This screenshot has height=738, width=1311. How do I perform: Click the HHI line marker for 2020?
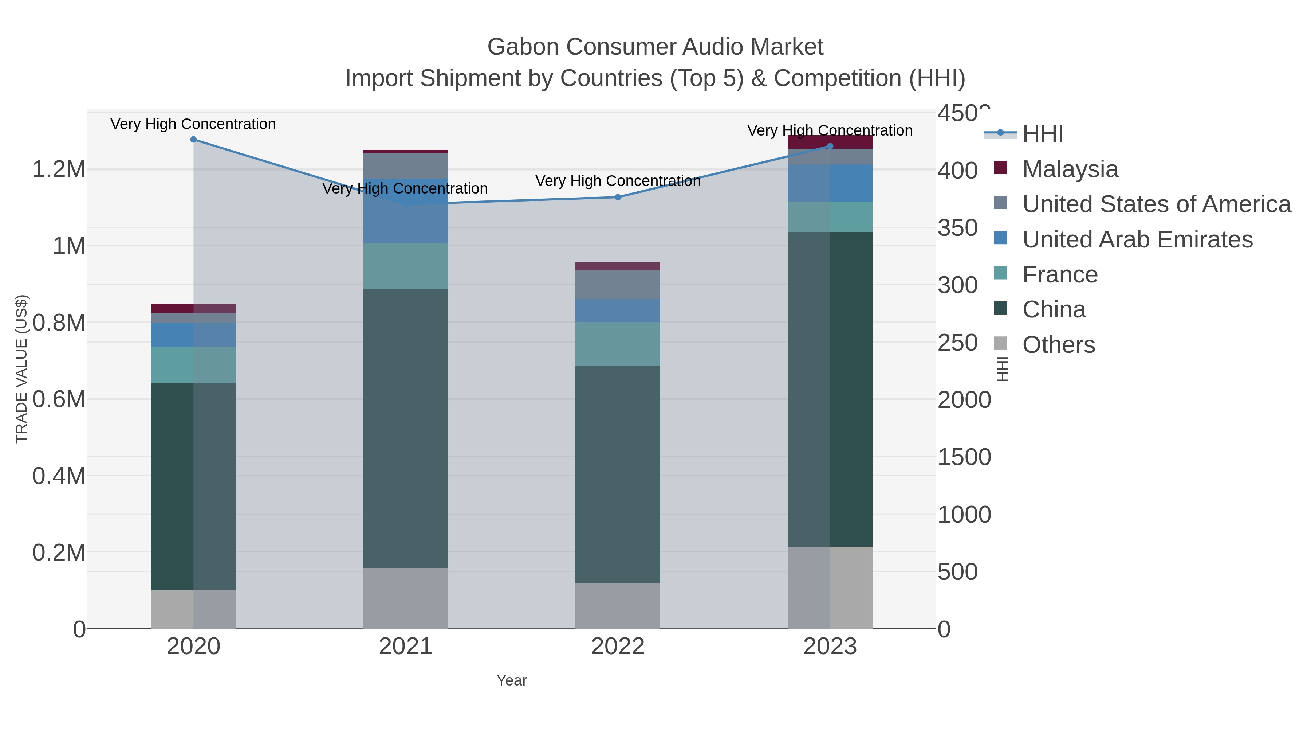tap(193, 140)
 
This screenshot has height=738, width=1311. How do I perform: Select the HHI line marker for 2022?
tap(618, 197)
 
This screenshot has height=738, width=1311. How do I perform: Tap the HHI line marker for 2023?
tap(830, 146)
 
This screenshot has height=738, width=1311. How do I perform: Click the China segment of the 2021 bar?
tap(406, 428)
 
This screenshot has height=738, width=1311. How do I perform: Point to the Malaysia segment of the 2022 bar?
tap(618, 266)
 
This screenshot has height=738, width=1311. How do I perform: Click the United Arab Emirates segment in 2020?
tap(193, 335)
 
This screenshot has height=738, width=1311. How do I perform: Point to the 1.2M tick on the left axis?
tap(59, 169)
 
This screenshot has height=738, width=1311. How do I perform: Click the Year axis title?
tap(512, 680)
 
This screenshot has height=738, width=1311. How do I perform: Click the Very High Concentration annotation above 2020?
tap(193, 124)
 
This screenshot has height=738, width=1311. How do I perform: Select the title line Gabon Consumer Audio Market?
tap(655, 47)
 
